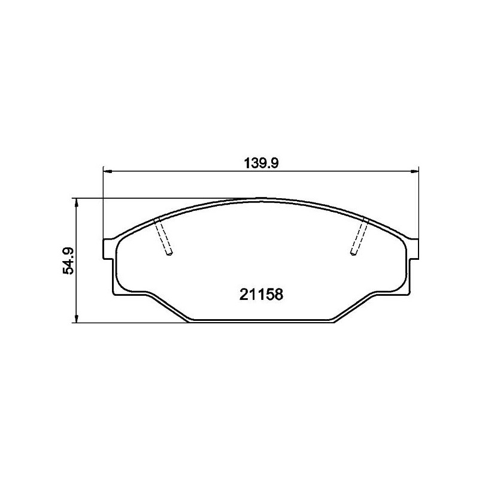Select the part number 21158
[261, 295]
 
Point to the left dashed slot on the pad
[163, 237]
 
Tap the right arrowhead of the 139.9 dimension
[414, 171]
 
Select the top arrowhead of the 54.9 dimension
[76, 203]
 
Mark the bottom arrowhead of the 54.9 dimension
[76, 319]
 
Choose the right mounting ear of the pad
[413, 249]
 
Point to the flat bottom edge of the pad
[261, 322]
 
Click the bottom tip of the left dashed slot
[169, 255]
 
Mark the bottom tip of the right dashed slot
[354, 255]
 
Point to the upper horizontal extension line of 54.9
[150, 198]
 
